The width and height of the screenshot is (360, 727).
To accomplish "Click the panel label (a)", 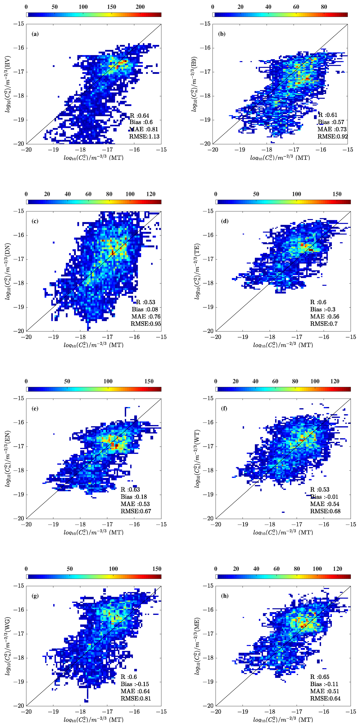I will click(x=35, y=34).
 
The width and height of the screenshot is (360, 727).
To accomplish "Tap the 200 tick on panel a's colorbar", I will click(x=140, y=7).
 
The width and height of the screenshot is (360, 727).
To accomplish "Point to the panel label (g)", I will click(x=35, y=596).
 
